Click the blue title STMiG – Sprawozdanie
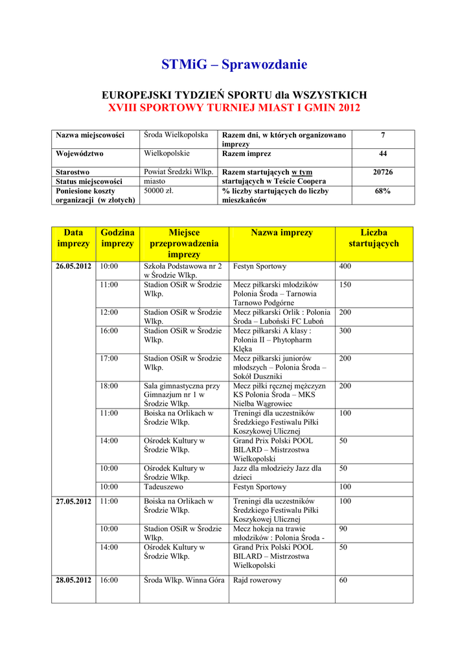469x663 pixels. (234, 65)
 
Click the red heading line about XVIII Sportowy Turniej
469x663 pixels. (234, 107)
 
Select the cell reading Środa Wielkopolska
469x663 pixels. (176, 135)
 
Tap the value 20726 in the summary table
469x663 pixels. (383, 172)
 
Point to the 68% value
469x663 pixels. (383, 192)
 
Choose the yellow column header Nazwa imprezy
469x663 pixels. (281, 233)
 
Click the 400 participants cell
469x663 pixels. (345, 267)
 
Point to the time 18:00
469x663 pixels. (109, 386)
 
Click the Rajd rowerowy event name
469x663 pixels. (257, 581)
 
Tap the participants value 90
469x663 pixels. (343, 529)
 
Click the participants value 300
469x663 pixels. (345, 331)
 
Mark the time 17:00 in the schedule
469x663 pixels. (109, 359)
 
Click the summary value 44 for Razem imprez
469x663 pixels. (383, 154)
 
